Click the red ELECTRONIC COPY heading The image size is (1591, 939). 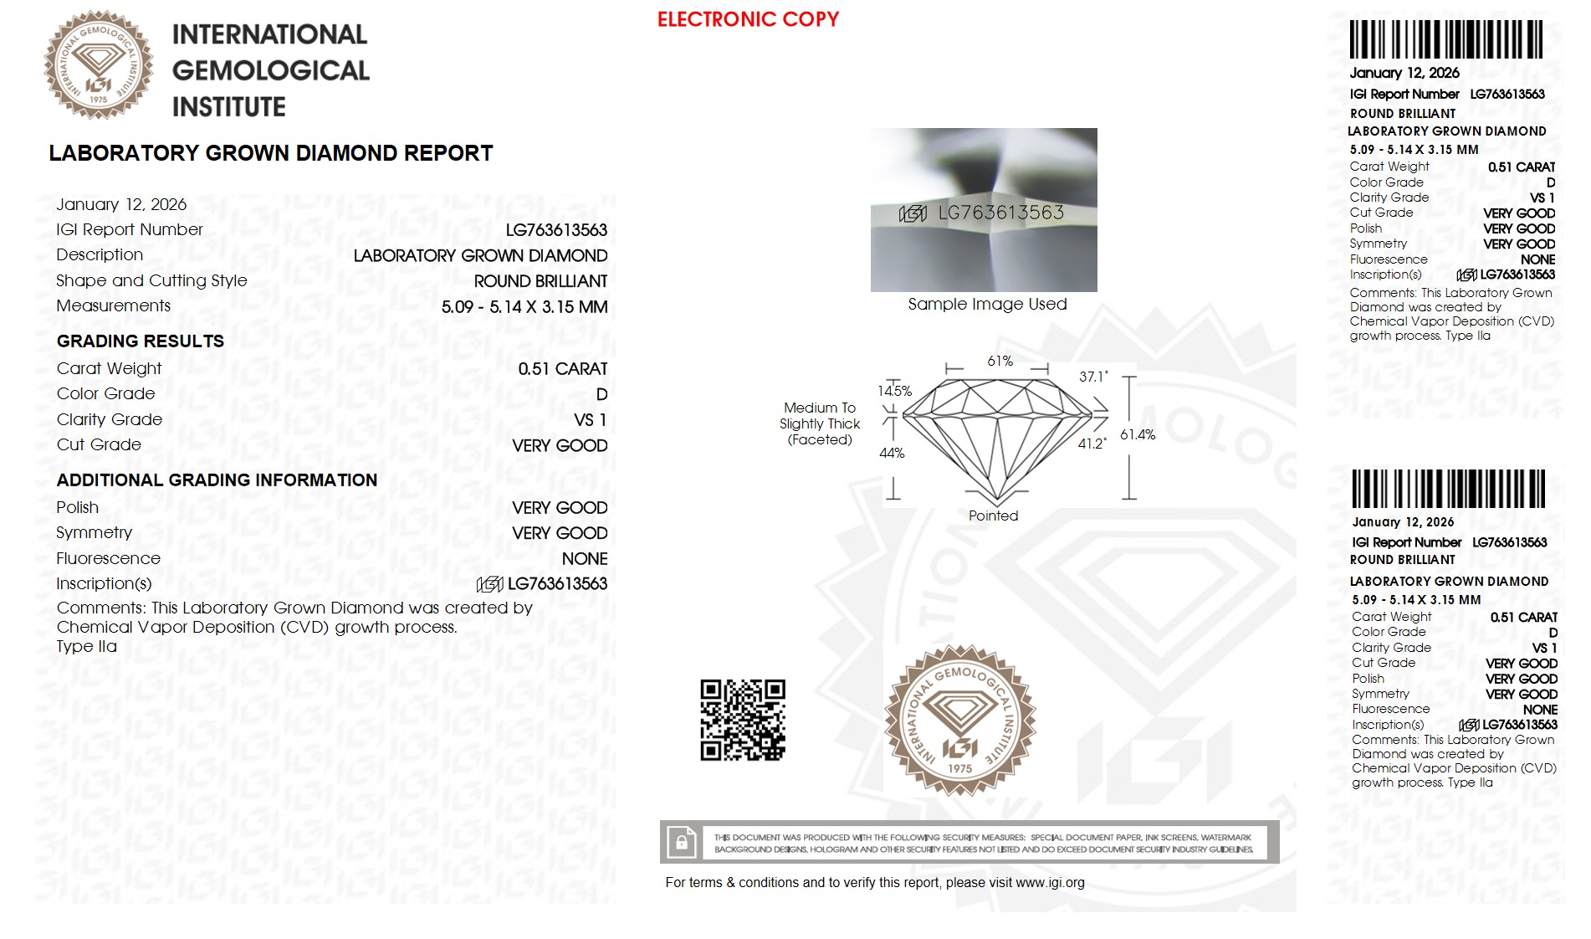[x=748, y=19]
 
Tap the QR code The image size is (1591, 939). [x=742, y=720]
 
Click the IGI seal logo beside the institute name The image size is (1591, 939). [x=99, y=65]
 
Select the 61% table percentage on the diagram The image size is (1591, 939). [x=1000, y=361]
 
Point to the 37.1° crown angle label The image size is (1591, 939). [x=1093, y=377]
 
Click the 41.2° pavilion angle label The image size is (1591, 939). [x=1092, y=444]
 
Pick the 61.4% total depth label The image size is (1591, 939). [x=1138, y=434]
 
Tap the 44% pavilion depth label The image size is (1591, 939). [x=892, y=453]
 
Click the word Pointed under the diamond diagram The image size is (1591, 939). [x=993, y=516]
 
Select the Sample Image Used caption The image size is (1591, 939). [x=987, y=304]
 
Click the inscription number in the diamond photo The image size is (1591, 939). [x=1000, y=213]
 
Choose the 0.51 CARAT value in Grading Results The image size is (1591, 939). [x=562, y=369]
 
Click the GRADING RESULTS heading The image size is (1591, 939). [x=141, y=341]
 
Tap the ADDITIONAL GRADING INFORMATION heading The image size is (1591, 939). [x=217, y=480]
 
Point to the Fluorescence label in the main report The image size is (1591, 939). [x=108, y=558]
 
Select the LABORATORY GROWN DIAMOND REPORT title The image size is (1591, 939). [x=270, y=153]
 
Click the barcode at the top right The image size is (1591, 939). [x=1445, y=39]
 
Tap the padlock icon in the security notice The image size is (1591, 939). [x=682, y=842]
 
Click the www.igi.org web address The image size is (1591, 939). [x=1050, y=882]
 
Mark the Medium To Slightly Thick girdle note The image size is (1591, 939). [x=820, y=423]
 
